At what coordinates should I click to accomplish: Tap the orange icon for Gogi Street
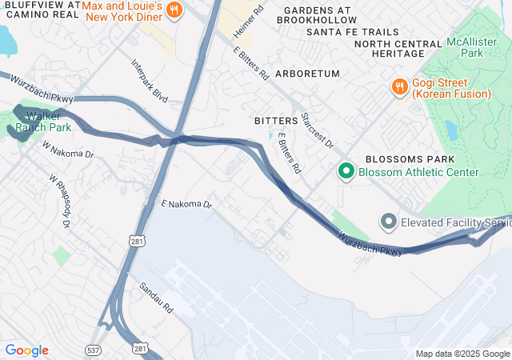click(398, 86)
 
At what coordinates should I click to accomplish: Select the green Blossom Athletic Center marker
click(346, 171)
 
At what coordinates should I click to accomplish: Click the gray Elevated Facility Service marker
click(389, 221)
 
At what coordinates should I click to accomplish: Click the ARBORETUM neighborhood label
click(307, 74)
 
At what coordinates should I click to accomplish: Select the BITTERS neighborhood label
click(275, 120)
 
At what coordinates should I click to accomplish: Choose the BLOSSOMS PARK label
click(405, 159)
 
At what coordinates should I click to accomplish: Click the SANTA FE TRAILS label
click(351, 32)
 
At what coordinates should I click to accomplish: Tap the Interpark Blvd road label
click(150, 81)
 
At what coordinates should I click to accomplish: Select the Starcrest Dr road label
click(317, 129)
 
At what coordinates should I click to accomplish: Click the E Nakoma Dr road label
click(186, 205)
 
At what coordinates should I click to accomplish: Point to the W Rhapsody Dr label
click(60, 201)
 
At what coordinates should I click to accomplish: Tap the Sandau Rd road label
click(156, 297)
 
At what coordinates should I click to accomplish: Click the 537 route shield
click(93, 350)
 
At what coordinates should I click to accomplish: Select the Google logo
click(26, 350)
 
